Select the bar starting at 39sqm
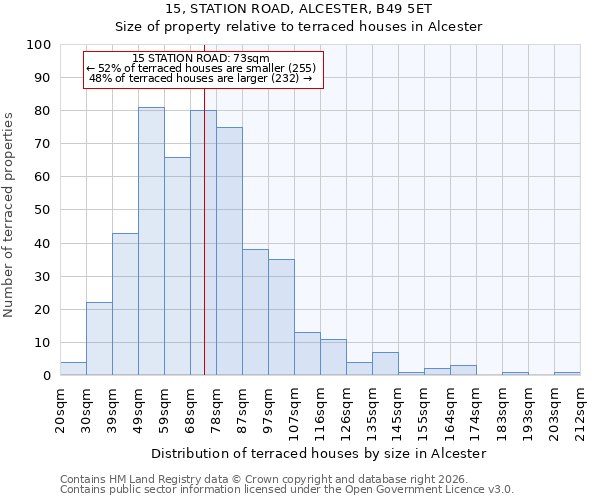click(125, 304)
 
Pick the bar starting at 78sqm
click(229, 251)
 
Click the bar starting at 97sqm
click(281, 317)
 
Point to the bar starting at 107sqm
click(307, 354)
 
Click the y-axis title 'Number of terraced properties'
click(10, 214)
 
